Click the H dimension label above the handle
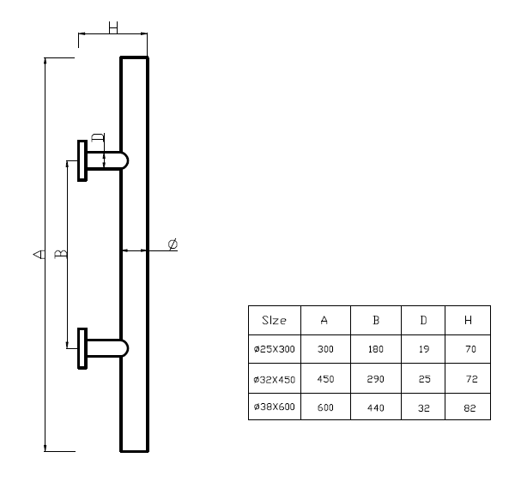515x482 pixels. point(113,27)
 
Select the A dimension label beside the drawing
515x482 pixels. point(38,254)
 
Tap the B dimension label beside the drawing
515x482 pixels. point(61,254)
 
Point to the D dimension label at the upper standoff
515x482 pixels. point(98,138)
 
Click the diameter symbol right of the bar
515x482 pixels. point(173,245)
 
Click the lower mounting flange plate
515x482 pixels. point(82,347)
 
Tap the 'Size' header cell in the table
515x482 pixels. point(274,320)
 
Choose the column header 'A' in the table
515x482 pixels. point(324,320)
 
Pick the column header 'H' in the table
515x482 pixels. point(468,320)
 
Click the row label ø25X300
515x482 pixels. point(274,349)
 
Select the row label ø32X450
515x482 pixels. point(274,378)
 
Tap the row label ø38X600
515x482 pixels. point(274,407)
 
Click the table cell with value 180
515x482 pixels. point(376,349)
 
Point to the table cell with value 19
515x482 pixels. point(424,349)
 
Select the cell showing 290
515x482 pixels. point(376,378)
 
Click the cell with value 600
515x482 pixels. point(324,407)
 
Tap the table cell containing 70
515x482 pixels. point(468,349)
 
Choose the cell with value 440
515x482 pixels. point(376,407)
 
